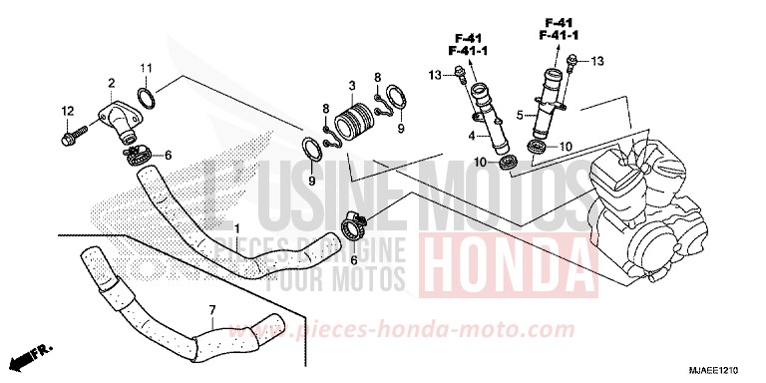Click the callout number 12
pyautogui.click(x=68, y=110)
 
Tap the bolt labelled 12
pyautogui.click(x=74, y=131)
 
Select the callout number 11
pyautogui.click(x=145, y=67)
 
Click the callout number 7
pyautogui.click(x=211, y=311)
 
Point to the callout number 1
pyautogui.click(x=236, y=228)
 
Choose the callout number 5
pyautogui.click(x=520, y=116)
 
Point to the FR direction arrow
pyautogui.click(x=31, y=354)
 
